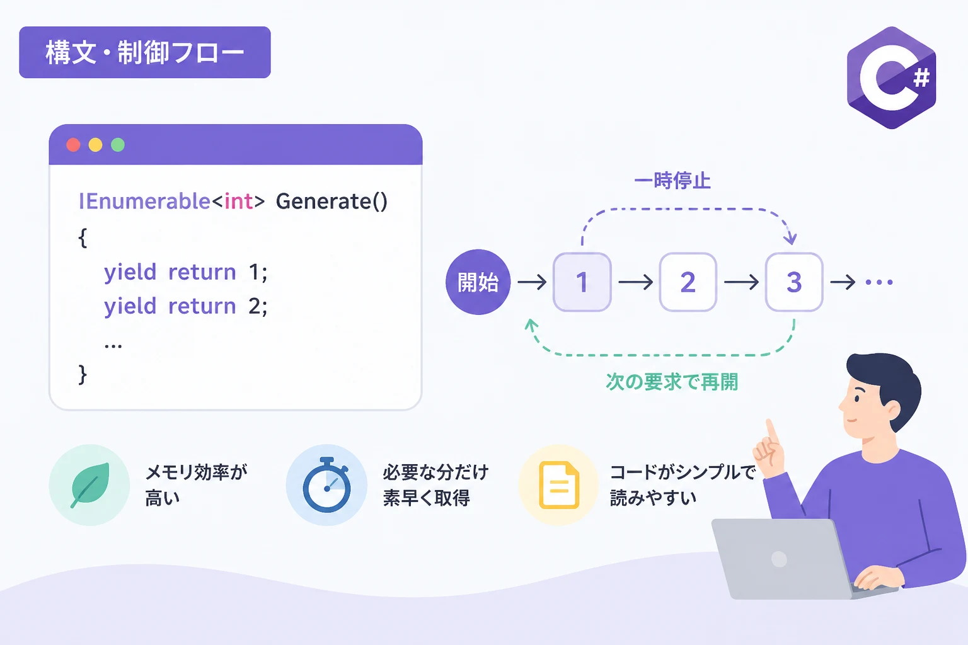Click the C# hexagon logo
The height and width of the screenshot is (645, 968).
pyautogui.click(x=892, y=77)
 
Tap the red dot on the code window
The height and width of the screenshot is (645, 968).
pyautogui.click(x=74, y=145)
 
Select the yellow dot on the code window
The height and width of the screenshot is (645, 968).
pyautogui.click(x=96, y=145)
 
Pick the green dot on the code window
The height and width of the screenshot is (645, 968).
pyautogui.click(x=118, y=145)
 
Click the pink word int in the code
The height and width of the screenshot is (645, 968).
pyautogui.click(x=238, y=202)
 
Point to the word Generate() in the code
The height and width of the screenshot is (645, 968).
pyautogui.click(x=331, y=202)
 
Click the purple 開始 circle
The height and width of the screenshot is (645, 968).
pyautogui.click(x=478, y=282)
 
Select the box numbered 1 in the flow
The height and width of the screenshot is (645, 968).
pyautogui.click(x=582, y=282)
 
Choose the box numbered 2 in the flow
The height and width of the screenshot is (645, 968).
pyautogui.click(x=688, y=282)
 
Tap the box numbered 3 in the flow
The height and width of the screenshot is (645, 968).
pyautogui.click(x=794, y=282)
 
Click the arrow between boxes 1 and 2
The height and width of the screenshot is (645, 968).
pyautogui.click(x=635, y=282)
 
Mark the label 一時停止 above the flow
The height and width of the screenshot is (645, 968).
pyautogui.click(x=672, y=180)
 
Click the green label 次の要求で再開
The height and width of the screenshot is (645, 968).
pyautogui.click(x=672, y=382)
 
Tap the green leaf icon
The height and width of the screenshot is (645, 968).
pyautogui.click(x=90, y=485)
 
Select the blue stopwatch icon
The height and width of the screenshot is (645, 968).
pyautogui.click(x=326, y=485)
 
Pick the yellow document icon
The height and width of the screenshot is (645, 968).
pyautogui.click(x=559, y=485)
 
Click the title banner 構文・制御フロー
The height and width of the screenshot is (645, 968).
pyautogui.click(x=145, y=52)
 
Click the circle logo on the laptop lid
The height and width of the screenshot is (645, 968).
pyautogui.click(x=779, y=559)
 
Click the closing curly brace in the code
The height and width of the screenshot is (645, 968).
pyautogui.click(x=82, y=374)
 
